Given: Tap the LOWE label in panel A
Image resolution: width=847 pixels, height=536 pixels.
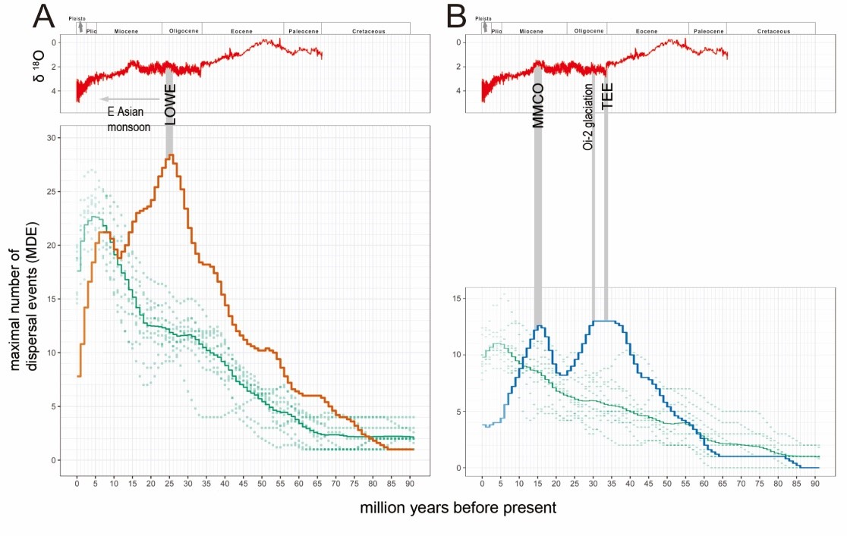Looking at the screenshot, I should [170, 108].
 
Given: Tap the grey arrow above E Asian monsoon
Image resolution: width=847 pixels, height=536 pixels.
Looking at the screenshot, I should [128, 99].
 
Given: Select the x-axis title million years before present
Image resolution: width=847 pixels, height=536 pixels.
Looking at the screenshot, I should [458, 507].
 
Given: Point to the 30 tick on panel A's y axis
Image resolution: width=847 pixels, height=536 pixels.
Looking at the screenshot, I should [54, 138].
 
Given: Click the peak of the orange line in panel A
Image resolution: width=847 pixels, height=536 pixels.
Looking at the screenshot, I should [172, 155].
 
